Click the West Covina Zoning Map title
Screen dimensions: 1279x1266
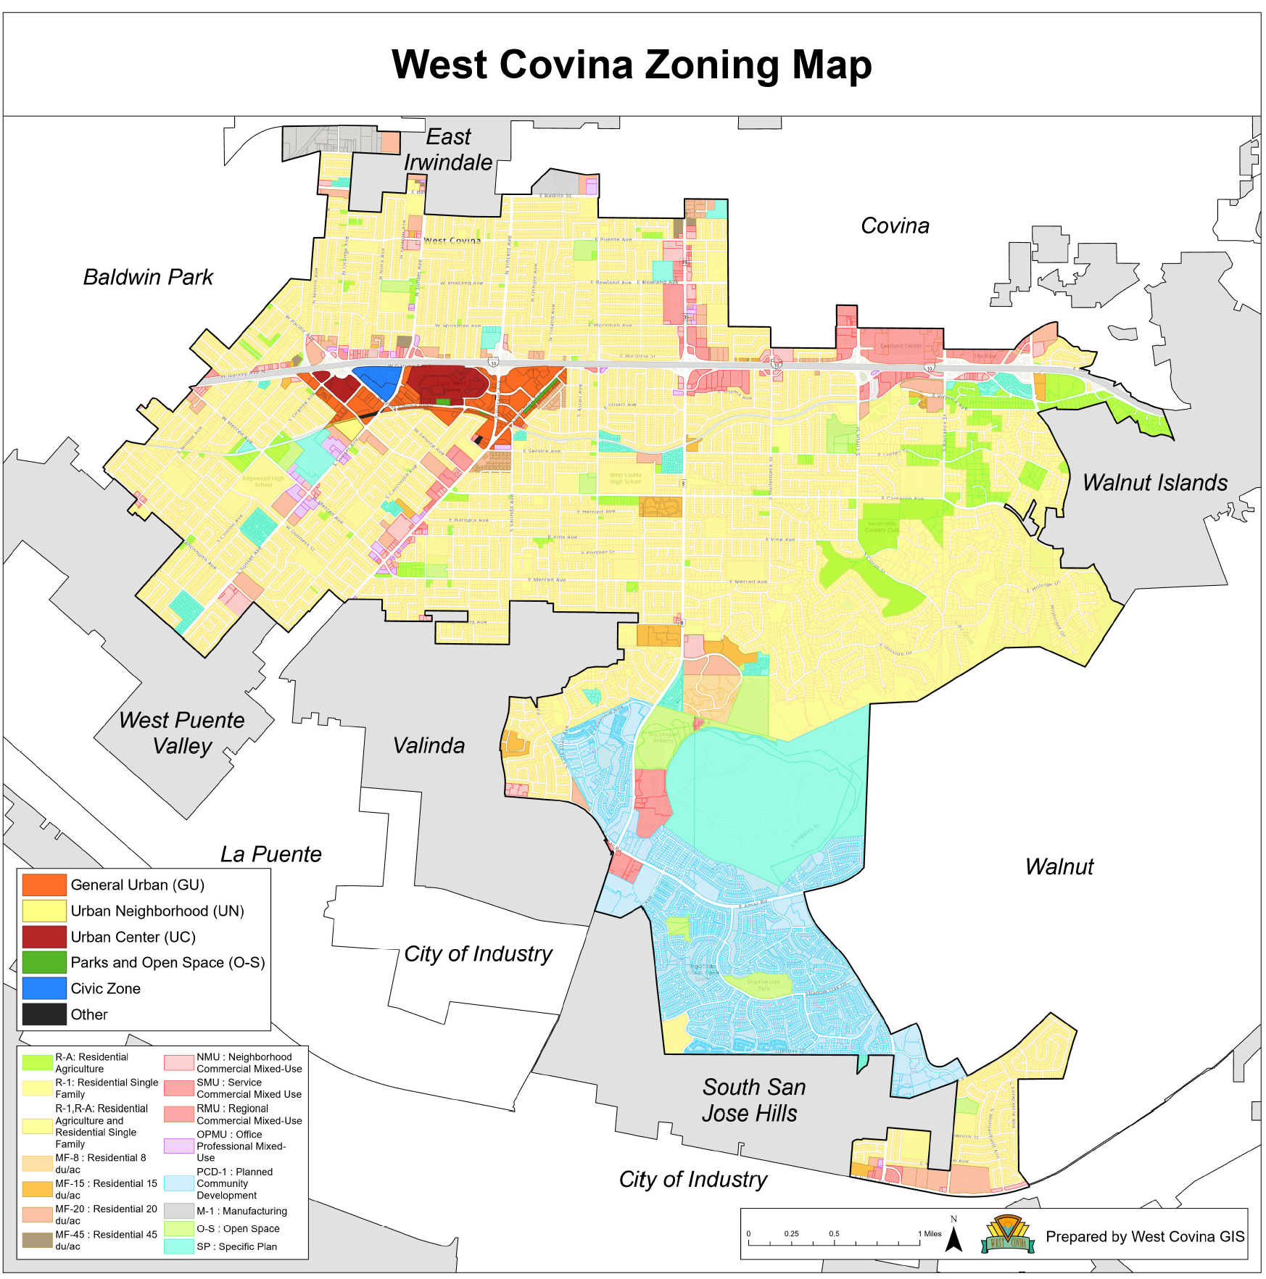tap(631, 65)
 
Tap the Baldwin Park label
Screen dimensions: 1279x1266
tap(148, 277)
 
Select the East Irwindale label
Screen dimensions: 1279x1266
tap(448, 150)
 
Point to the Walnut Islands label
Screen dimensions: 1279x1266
tap(1154, 483)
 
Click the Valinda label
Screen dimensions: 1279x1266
tap(429, 745)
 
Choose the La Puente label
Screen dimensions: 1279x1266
tap(270, 854)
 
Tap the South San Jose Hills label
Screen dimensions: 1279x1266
tap(753, 1100)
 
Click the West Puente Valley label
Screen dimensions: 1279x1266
tap(181, 733)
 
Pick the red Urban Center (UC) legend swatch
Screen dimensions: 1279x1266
tap(44, 937)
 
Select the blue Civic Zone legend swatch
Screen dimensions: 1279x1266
tap(44, 988)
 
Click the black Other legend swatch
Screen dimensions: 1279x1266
tap(44, 1014)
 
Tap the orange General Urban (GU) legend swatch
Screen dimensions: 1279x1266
tap(44, 885)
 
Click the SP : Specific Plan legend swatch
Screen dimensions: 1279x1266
tap(178, 1246)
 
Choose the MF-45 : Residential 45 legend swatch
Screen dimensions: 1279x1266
tap(37, 1240)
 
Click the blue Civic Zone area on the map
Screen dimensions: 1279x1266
tap(376, 381)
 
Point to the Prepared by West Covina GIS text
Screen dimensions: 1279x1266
tap(1144, 1237)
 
